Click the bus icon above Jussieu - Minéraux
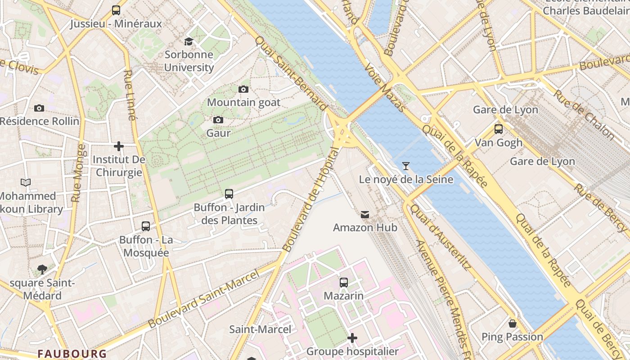tap(116, 10)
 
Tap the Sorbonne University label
tap(189, 61)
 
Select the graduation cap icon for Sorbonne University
tap(189, 42)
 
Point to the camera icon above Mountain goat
tap(243, 89)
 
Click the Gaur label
tap(218, 133)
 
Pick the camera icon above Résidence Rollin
tap(39, 108)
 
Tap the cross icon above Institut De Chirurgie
tap(119, 146)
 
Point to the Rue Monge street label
tap(78, 173)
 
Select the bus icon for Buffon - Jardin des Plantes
tap(229, 194)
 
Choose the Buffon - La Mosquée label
tap(145, 246)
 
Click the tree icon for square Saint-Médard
tap(42, 270)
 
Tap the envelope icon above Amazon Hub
tap(365, 215)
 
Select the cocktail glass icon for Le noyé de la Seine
tap(406, 166)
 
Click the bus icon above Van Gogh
tap(499, 129)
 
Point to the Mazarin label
tap(344, 296)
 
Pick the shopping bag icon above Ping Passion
tap(512, 324)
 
